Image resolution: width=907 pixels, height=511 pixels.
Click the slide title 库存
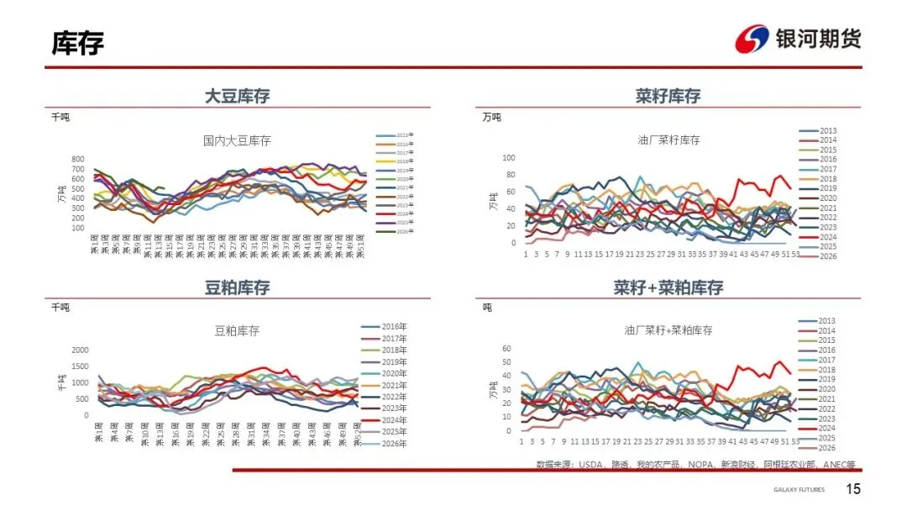click(78, 43)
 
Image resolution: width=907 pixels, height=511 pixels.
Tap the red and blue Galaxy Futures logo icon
click(752, 39)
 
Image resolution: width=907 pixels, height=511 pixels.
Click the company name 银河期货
click(818, 39)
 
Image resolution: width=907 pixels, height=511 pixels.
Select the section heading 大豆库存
click(238, 96)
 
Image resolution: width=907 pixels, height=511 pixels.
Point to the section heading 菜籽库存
click(668, 96)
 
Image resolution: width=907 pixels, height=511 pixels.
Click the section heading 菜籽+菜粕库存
click(668, 287)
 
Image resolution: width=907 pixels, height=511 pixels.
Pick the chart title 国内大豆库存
click(238, 140)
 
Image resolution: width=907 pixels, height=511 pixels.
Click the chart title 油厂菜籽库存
click(668, 140)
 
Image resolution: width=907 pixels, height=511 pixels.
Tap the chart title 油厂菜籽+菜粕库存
click(668, 330)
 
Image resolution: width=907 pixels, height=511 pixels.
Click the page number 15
click(853, 489)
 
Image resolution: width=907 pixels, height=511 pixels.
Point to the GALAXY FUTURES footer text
click(799, 490)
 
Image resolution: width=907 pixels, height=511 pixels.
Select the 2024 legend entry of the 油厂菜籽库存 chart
click(828, 236)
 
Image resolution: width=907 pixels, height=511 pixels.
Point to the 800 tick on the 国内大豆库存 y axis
click(77, 159)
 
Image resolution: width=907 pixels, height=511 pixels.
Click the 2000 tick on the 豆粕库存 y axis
click(80, 350)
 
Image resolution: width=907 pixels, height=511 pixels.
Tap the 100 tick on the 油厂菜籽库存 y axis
click(508, 157)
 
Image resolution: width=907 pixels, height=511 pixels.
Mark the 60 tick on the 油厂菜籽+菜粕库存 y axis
click(506, 348)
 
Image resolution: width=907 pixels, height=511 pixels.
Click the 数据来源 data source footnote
click(697, 464)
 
